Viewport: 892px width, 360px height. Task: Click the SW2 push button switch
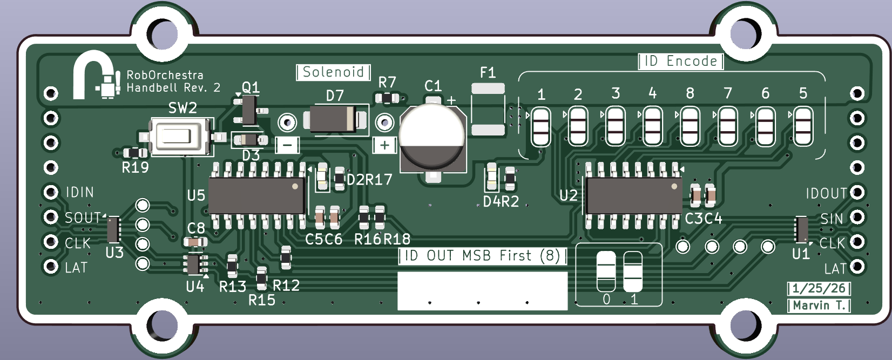pos(181,136)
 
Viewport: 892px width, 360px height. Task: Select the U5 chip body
pos(257,195)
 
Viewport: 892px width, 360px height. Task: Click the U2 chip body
pos(634,195)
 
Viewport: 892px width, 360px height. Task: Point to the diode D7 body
pos(335,119)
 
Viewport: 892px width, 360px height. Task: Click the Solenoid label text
pos(333,72)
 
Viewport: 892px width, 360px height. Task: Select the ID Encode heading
pos(681,61)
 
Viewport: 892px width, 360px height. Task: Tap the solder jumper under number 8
pos(690,126)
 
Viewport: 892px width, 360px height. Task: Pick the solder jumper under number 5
pos(803,126)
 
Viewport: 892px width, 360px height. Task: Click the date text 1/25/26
pos(819,288)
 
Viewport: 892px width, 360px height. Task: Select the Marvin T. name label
pos(819,305)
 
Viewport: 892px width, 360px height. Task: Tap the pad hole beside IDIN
pos(51,192)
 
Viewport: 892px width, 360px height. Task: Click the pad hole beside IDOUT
pos(857,193)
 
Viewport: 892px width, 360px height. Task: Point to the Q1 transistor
pos(249,110)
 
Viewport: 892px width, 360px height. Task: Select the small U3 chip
pos(113,229)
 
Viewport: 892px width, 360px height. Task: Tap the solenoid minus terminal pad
pos(287,123)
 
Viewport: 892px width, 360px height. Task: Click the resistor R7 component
pos(387,98)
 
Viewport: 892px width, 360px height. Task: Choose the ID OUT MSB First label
pos(482,256)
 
